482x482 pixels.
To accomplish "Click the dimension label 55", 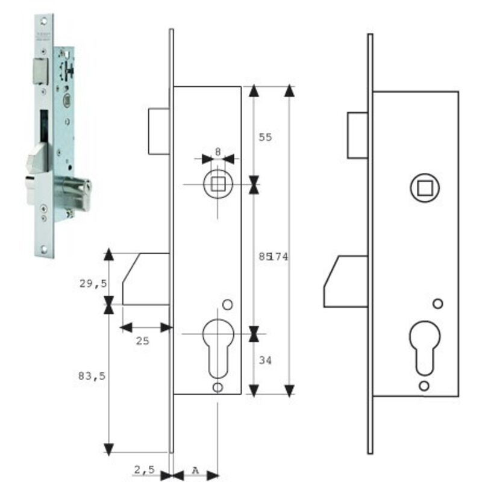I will pyautogui.click(x=266, y=137).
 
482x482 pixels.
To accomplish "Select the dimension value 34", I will pyautogui.click(x=266, y=361).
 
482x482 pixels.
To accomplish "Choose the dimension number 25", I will pyautogui.click(x=142, y=341).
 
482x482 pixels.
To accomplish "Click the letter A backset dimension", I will pyautogui.click(x=195, y=469).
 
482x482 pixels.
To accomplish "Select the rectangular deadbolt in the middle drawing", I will pyautogui.click(x=159, y=131).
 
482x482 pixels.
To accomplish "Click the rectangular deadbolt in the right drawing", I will pyautogui.click(x=358, y=136).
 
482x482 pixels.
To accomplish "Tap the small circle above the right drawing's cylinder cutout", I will pyautogui.click(x=438, y=302).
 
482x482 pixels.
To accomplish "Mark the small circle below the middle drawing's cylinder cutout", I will pyautogui.click(x=218, y=387).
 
